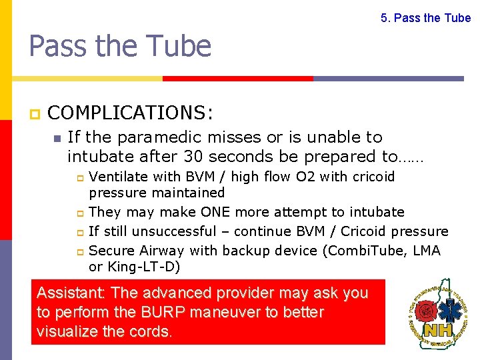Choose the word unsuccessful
pyautogui.click(x=174, y=231)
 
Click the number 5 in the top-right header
pyautogui.click(x=384, y=18)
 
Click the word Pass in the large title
pyautogui.click(x=59, y=47)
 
